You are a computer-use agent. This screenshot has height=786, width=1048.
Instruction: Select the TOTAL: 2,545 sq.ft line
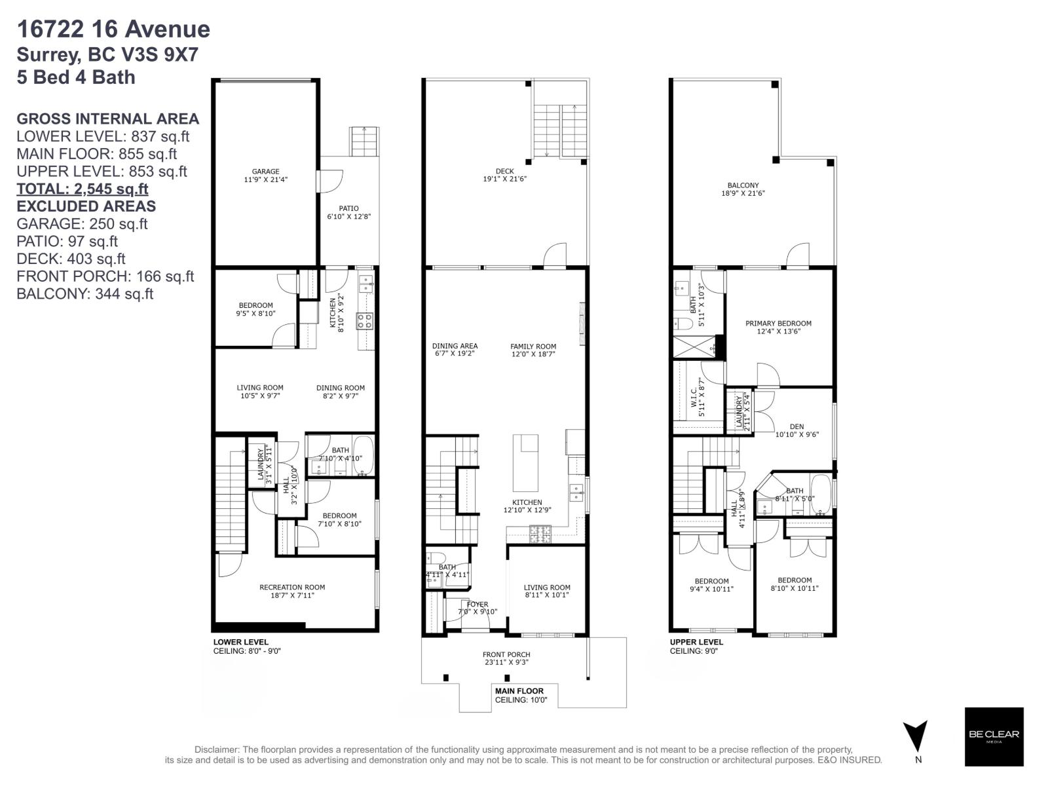(x=82, y=189)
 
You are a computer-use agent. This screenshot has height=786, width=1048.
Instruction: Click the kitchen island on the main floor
(x=525, y=462)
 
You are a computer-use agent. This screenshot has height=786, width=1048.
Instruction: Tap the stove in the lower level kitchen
(x=365, y=321)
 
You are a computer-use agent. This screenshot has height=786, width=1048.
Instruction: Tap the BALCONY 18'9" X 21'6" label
(x=743, y=189)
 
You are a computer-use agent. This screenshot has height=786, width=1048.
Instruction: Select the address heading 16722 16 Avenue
(x=113, y=29)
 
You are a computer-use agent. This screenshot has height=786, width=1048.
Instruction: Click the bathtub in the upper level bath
(x=821, y=496)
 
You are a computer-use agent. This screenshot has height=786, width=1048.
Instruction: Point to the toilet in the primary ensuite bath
(x=681, y=324)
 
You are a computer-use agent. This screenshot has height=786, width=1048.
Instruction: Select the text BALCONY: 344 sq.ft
(x=84, y=294)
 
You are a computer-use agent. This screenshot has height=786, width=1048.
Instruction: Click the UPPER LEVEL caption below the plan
(x=696, y=642)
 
